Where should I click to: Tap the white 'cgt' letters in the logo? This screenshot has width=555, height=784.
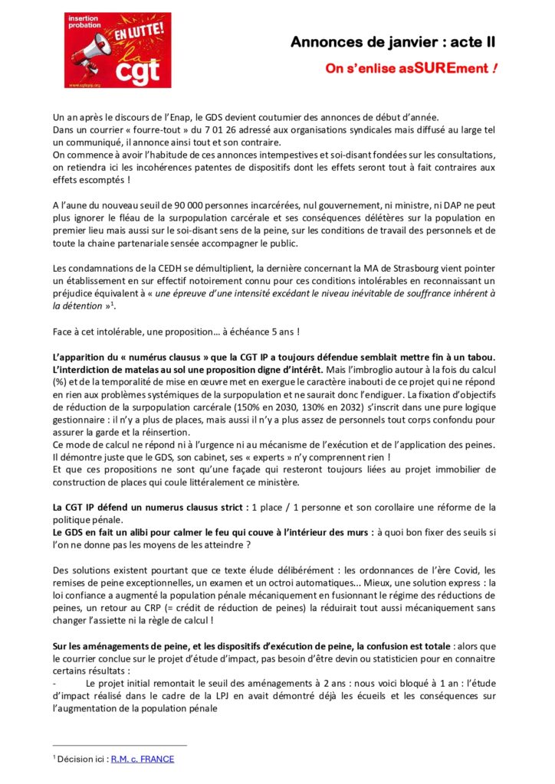click(x=136, y=72)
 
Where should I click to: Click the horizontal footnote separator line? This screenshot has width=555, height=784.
click(x=120, y=745)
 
